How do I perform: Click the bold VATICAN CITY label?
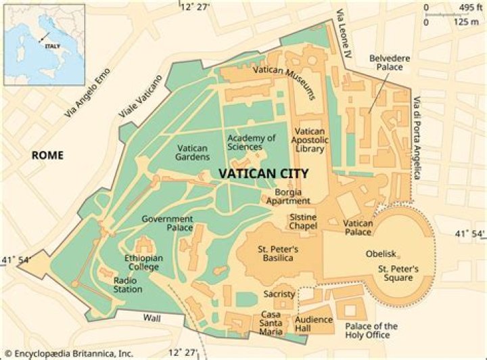pos(264,174)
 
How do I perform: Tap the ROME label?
pos(47,156)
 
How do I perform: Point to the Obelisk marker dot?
pos(398,256)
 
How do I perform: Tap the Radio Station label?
pos(128,285)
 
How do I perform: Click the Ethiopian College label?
pos(142,263)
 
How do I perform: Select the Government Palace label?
pos(167,223)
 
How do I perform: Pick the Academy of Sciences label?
pos(251,142)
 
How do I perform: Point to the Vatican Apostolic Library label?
pos(310,139)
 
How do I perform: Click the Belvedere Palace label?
pos(386,63)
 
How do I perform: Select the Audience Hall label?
pos(314,324)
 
